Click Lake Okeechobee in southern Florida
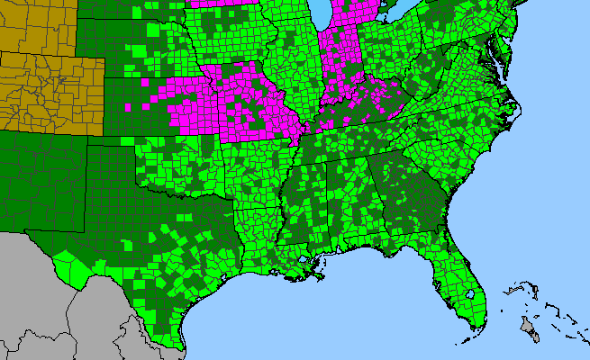click(x=471, y=294)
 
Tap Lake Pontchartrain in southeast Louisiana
click(x=308, y=263)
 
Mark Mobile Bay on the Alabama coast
click(x=340, y=250)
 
